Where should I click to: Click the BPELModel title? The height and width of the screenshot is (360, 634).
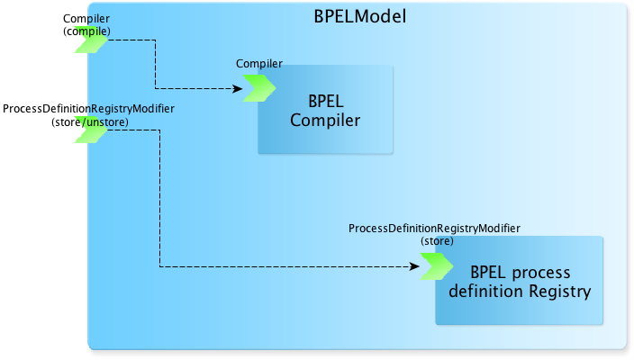pos(360,16)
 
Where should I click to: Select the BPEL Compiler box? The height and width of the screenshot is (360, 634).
pos(325,110)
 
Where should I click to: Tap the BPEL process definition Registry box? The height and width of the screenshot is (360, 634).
pos(519,281)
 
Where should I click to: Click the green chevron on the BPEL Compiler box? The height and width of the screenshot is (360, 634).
pos(259,88)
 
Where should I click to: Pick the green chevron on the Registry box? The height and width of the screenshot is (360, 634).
pos(437,266)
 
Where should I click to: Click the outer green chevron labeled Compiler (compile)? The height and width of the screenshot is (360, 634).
pos(91,40)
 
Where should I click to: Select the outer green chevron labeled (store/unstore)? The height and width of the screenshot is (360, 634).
pos(91,130)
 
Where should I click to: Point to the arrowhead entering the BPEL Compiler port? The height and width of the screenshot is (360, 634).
pos(238,88)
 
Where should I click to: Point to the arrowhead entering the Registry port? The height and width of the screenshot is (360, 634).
pos(414,266)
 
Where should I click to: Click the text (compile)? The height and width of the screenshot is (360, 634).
pos(86,31)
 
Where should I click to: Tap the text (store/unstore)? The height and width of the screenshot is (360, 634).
pos(90,122)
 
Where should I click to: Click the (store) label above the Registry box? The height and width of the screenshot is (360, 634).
pos(437,241)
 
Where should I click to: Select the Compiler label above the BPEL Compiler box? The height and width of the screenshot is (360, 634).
pos(259,63)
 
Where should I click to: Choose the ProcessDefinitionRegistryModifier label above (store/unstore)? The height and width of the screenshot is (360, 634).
pos(88,109)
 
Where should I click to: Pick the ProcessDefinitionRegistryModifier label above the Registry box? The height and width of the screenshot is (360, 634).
pos(434,229)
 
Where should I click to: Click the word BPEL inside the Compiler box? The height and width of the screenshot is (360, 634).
pos(326,102)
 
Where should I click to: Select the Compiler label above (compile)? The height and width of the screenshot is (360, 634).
pos(86,19)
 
